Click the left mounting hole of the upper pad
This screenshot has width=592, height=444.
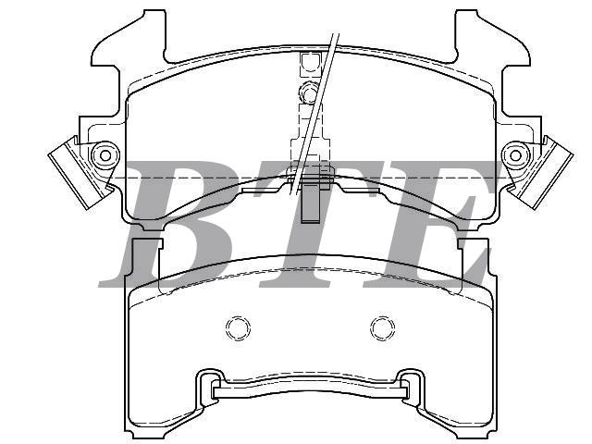[x=105, y=155]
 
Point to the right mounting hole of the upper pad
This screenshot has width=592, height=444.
[x=515, y=155]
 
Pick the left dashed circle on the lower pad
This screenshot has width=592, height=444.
[x=238, y=328]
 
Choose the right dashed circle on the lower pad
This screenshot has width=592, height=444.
[x=382, y=328]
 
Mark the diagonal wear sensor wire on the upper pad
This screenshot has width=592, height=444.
[x=314, y=113]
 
